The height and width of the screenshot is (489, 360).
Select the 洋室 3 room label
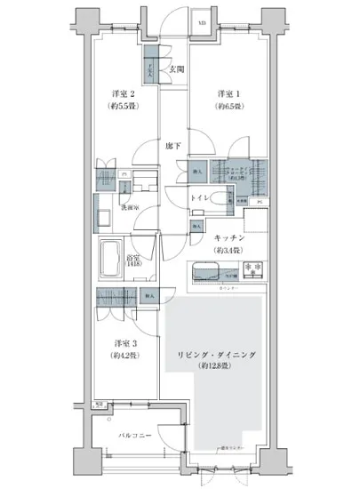click(x=124, y=343)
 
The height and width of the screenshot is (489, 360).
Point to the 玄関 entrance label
click(x=176, y=70)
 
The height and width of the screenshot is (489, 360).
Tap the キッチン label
click(x=229, y=238)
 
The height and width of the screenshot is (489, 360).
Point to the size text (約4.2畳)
click(x=124, y=356)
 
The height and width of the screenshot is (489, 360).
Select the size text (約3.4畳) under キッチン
click(x=229, y=250)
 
